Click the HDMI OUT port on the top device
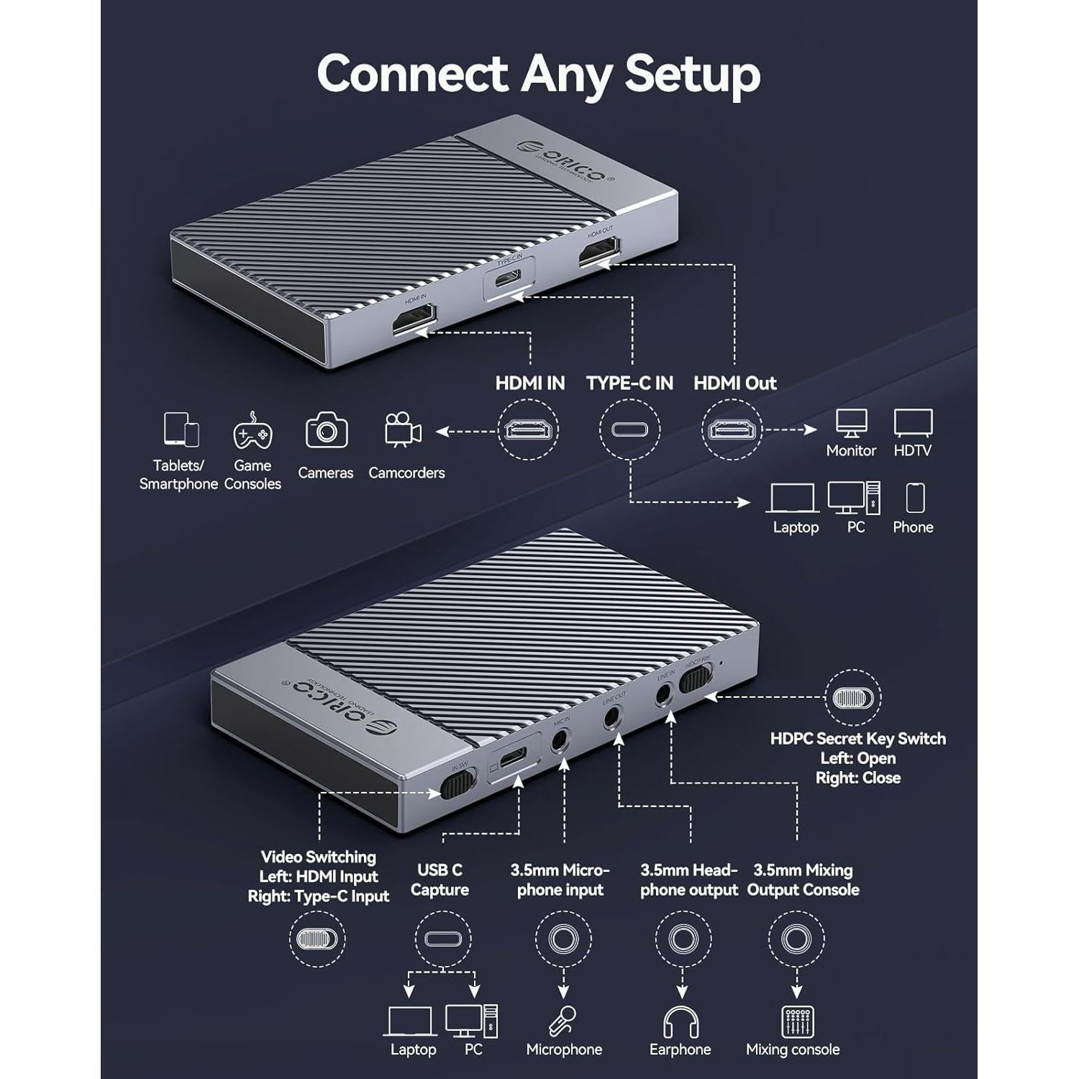pos(600,253)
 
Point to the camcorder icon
pos(403,429)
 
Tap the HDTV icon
pos(913,423)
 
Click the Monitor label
pos(851,451)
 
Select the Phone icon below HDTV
pos(914,498)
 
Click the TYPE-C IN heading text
pos(629,383)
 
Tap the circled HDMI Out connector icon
pos(732,430)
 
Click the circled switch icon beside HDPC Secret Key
pos(852,698)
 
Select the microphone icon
pos(563,1020)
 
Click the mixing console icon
pos(797,1021)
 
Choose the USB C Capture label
pos(440,880)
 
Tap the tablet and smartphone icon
pos(181,430)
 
